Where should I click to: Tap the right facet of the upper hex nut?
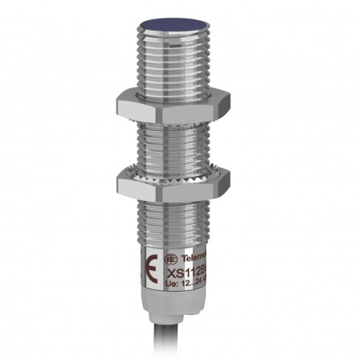[219, 105]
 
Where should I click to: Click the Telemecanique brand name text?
[193, 260]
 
